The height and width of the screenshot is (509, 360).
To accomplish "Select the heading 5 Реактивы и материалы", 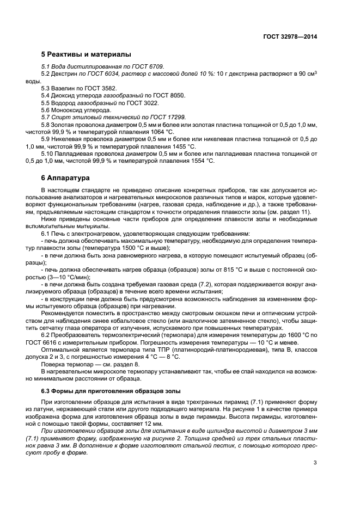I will click(x=86, y=54).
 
